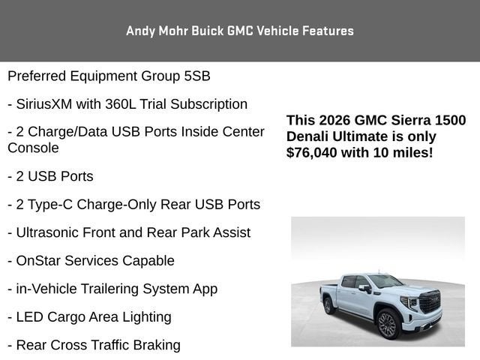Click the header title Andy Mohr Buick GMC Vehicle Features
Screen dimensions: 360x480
pos(240,31)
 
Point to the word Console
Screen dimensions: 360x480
pos(33,148)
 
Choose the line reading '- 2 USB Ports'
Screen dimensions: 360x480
pos(50,176)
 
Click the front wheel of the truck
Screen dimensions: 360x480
pos(387,325)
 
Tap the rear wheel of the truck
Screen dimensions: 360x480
pos(328,305)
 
